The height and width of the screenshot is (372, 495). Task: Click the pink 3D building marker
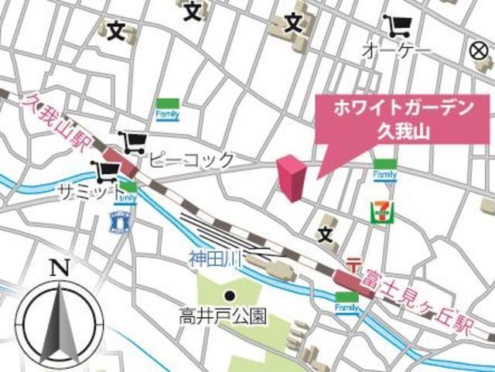point(292,177)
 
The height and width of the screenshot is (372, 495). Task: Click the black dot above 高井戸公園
point(230,295)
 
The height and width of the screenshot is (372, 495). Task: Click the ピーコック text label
point(191,161)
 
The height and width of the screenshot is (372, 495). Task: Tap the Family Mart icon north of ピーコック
point(168,110)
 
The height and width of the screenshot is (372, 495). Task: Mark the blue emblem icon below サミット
point(118,222)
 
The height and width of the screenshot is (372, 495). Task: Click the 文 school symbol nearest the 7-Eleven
point(326,231)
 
